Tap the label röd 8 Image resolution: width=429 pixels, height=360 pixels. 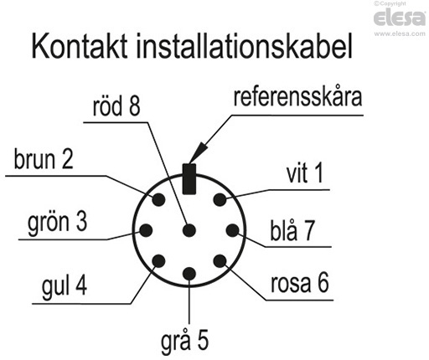coord(116,106)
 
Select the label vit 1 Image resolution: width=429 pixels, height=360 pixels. coord(305,174)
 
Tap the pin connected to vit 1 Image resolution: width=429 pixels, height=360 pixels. coord(220,199)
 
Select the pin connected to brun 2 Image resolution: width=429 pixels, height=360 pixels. coord(158,199)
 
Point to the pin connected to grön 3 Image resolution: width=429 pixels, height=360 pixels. coord(146,230)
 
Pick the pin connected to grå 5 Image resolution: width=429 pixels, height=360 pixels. coord(189,273)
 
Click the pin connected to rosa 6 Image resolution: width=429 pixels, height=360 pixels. coord(220,261)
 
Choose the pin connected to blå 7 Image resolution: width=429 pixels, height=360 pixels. coord(232,230)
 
